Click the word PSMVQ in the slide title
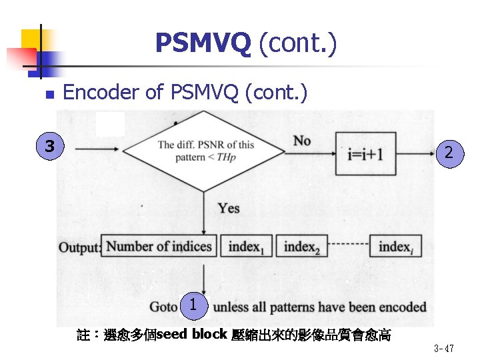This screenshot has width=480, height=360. click(203, 43)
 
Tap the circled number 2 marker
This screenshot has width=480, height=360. click(449, 153)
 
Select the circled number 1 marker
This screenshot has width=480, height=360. click(193, 305)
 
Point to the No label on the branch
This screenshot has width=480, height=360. click(302, 140)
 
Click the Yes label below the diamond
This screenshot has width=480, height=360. click(228, 208)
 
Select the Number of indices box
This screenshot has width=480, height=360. click(159, 246)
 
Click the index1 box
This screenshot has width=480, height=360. click(245, 247)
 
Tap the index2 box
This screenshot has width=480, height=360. click(301, 247)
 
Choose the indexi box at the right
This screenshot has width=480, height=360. click(395, 247)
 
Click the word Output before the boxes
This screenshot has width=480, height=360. click(79, 247)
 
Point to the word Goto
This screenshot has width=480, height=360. click(163, 307)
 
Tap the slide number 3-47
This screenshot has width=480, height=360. click(444, 349)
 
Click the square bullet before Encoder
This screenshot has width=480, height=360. click(46, 95)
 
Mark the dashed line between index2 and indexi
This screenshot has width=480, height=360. click(347, 246)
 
